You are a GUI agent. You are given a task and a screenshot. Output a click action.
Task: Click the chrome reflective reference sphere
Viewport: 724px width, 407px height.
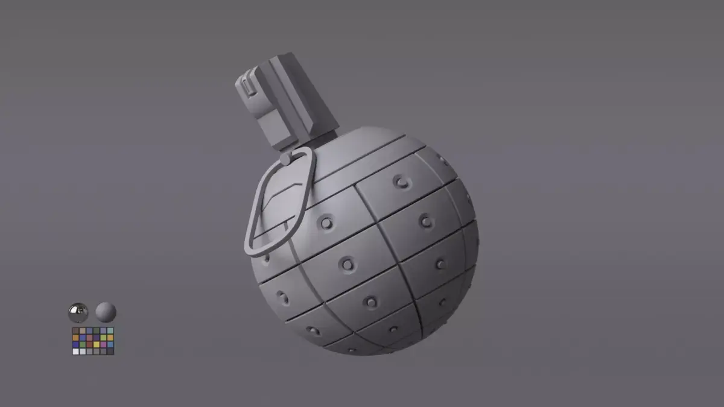point(78,312)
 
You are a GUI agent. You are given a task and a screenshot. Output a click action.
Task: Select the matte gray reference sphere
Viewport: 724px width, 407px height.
point(106,312)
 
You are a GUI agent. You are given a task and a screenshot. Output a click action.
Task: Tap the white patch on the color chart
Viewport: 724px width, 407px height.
point(75,352)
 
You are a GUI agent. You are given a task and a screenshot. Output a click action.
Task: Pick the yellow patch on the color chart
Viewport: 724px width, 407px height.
point(97,344)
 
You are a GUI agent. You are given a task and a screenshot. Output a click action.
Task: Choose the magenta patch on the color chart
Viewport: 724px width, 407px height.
point(103,344)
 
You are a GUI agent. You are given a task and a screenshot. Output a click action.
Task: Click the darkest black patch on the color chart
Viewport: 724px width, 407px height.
point(110,352)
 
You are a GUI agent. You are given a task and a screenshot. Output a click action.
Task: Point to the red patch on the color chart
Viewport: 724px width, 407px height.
point(89,344)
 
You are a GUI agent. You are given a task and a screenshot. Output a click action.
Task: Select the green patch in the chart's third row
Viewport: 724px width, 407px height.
point(83,344)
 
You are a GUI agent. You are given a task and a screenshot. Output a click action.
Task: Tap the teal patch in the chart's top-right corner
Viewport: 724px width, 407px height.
point(110,331)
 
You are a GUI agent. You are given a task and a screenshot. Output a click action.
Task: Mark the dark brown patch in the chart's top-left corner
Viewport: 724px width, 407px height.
point(75,331)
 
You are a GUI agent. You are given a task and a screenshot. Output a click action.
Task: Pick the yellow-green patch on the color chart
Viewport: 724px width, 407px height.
point(103,338)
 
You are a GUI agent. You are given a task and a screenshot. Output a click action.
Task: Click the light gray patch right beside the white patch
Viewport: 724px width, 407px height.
point(83,352)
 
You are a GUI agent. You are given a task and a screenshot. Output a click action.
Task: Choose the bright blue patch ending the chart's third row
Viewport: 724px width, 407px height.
point(110,344)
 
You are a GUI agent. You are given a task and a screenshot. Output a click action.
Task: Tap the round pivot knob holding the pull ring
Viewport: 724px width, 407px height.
point(285,159)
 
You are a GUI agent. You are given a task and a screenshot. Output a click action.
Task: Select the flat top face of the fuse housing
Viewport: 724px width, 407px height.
point(283,59)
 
